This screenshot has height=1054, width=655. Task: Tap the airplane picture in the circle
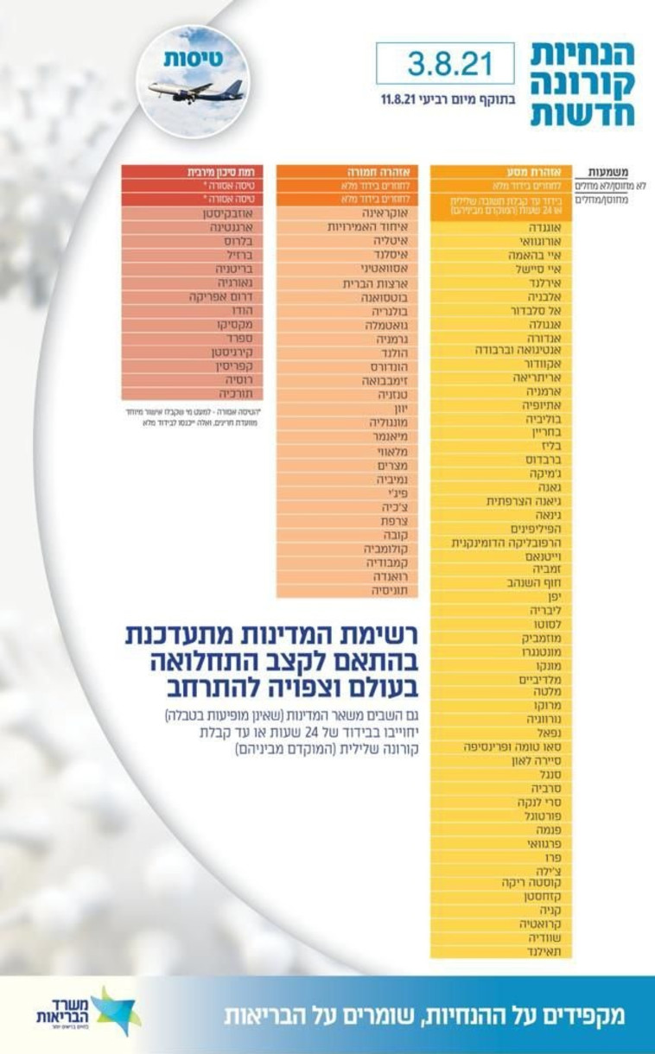tap(195, 89)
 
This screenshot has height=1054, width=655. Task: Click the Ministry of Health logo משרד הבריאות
tap(86, 1012)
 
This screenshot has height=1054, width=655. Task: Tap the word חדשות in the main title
tap(583, 113)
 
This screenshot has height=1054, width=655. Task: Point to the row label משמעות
tap(614, 171)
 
